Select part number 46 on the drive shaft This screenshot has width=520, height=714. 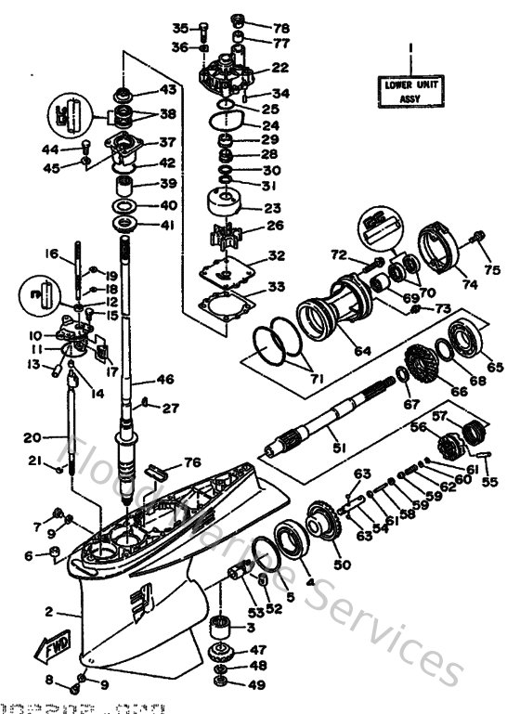(165, 379)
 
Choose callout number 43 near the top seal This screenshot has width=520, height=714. (167, 90)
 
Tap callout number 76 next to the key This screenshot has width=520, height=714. (191, 462)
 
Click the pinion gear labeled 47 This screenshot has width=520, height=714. (222, 650)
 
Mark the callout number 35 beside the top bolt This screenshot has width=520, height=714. (180, 27)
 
